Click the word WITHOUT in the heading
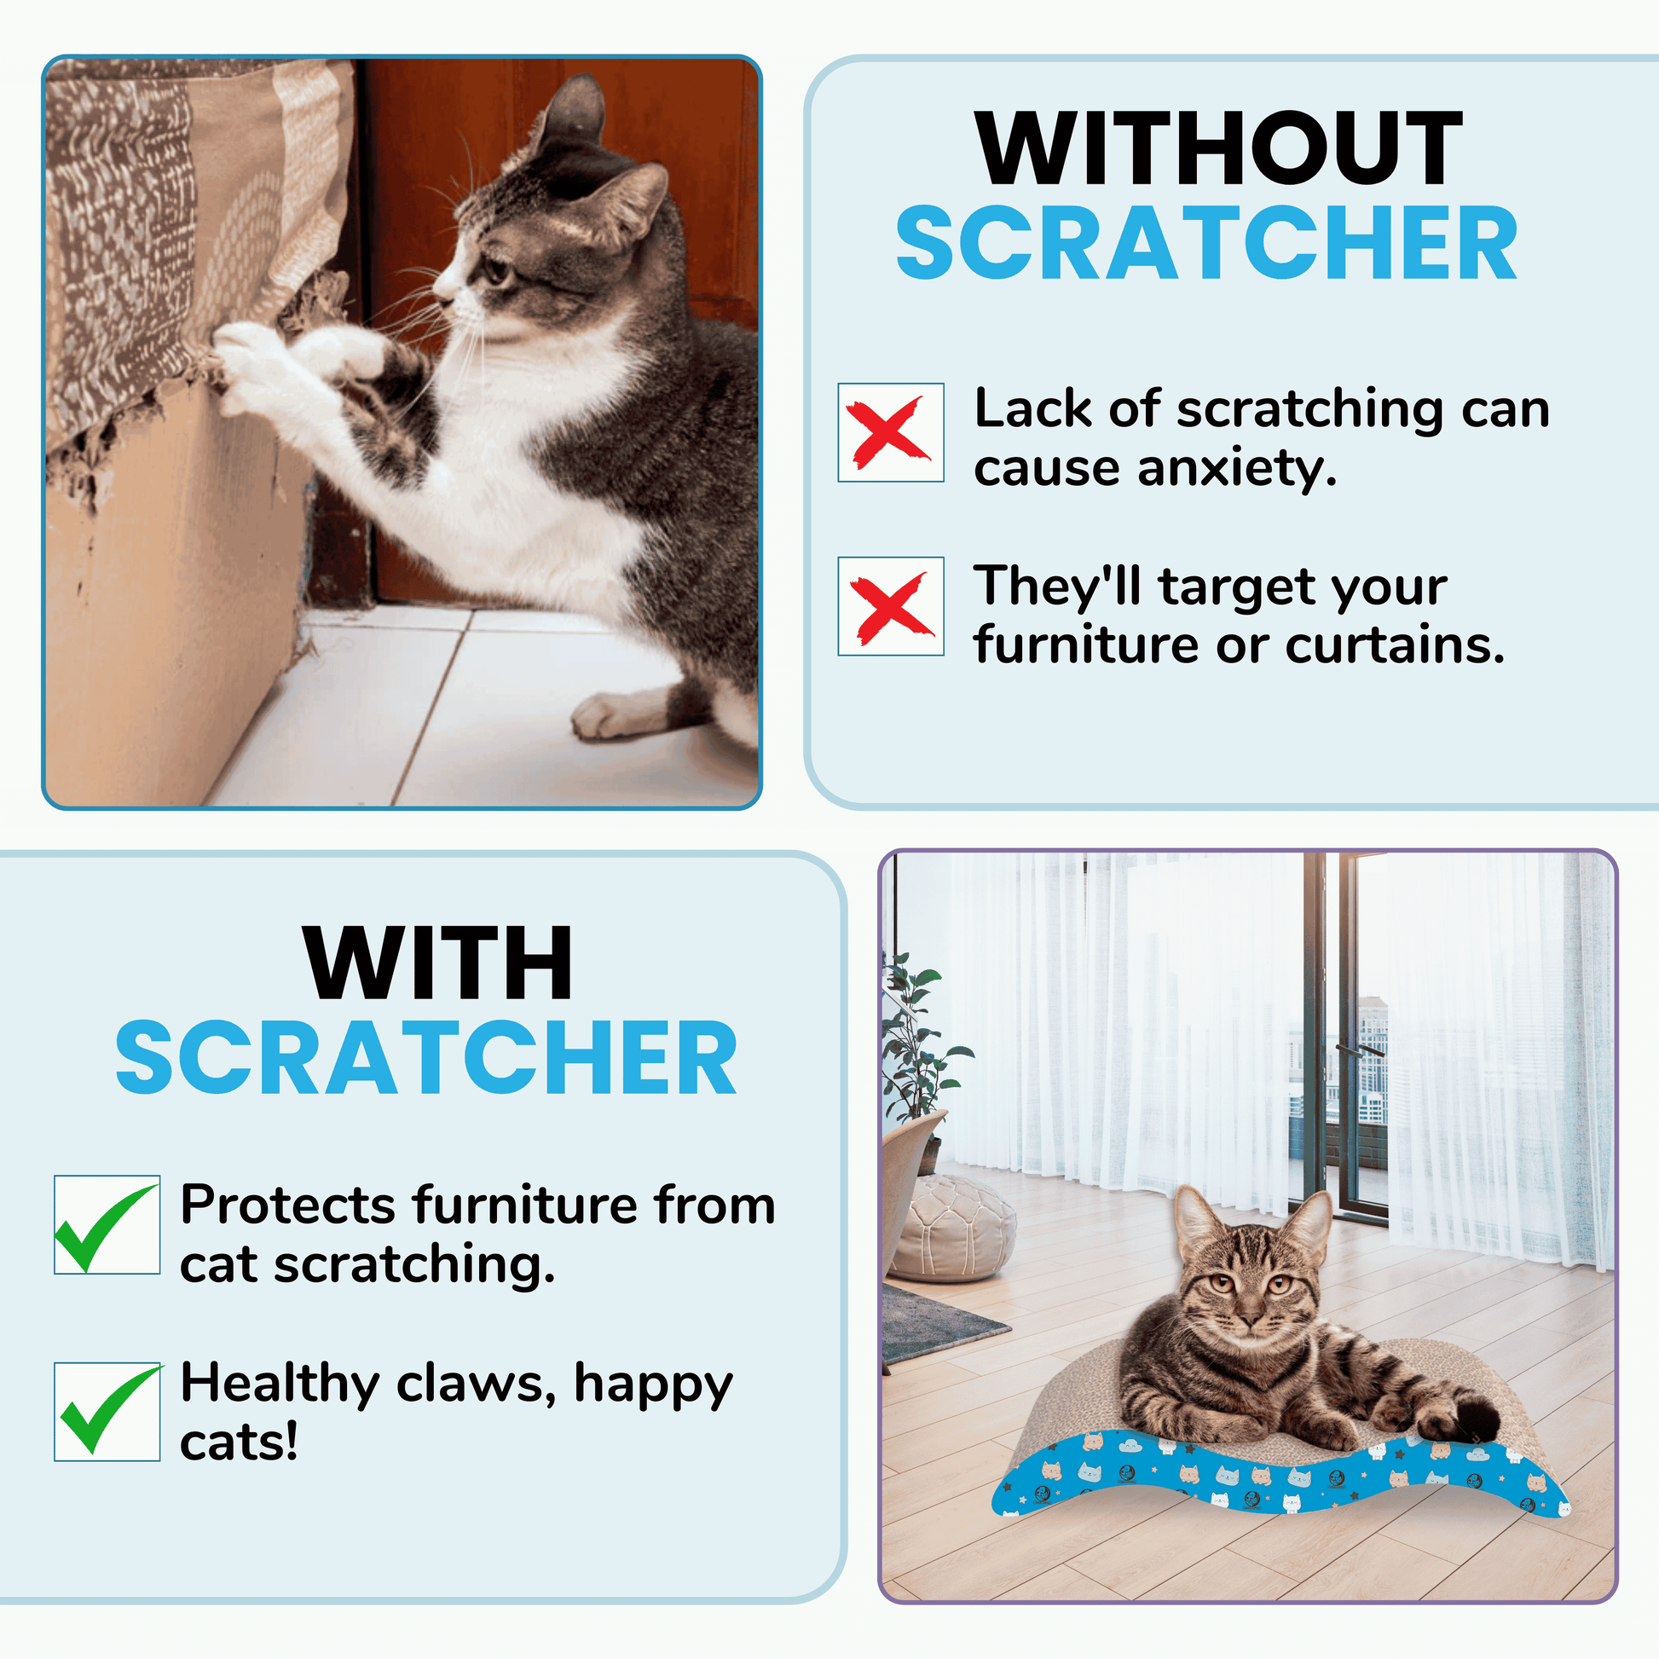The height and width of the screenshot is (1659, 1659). click(1218, 147)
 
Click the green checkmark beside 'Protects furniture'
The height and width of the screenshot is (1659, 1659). click(107, 1227)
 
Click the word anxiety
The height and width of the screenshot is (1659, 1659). click(1237, 470)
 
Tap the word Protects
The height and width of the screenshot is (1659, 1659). click(287, 1205)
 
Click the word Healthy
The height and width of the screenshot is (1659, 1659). click(280, 1385)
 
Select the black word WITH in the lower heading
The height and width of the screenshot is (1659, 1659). click(438, 963)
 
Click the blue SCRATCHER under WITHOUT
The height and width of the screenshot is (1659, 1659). click(1206, 243)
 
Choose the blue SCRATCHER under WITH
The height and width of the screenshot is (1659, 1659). click(426, 1057)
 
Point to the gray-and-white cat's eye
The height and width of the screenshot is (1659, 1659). click(497, 272)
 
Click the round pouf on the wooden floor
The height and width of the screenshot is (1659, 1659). click(953, 1228)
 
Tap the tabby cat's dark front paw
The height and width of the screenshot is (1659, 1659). click(1475, 1426)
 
